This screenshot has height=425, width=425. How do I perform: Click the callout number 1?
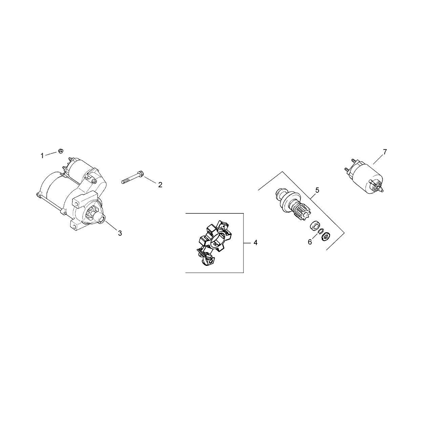42,156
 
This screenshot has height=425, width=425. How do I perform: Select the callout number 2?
160,185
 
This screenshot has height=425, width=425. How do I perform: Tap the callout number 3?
120,233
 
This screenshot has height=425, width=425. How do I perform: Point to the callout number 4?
255,243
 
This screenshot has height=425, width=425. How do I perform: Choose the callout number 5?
317,190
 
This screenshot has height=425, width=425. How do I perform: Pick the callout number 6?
310,242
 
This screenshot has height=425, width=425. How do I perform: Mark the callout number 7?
385,152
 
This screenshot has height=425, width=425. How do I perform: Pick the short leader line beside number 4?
247,243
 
